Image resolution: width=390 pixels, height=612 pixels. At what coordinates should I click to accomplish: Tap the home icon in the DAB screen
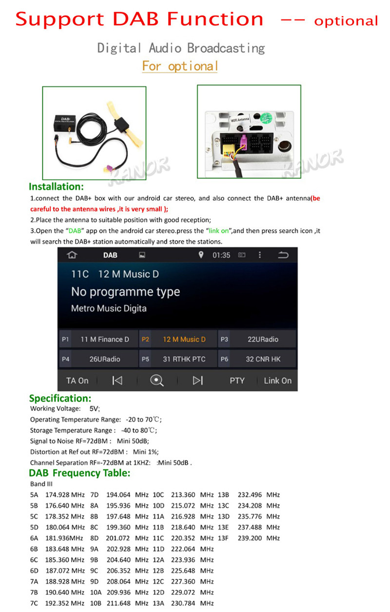(72, 255)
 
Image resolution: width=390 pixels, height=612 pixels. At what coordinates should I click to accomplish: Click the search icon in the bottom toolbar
(156, 380)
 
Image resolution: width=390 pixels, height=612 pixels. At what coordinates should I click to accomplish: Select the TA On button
(77, 381)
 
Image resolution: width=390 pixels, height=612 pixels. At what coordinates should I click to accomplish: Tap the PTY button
(237, 381)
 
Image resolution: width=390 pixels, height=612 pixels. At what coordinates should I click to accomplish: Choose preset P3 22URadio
(257, 339)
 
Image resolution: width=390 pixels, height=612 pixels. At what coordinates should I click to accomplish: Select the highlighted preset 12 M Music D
(178, 339)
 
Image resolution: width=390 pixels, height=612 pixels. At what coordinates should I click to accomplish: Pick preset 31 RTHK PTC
(178, 359)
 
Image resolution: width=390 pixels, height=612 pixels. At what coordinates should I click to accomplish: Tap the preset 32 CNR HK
(257, 359)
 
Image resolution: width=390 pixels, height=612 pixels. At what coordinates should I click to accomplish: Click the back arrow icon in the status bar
(283, 255)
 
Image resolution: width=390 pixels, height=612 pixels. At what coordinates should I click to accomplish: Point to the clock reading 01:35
(221, 255)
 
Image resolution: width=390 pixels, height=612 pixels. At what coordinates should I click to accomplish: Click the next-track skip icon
(197, 380)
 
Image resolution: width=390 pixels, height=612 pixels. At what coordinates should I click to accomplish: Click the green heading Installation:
(56, 186)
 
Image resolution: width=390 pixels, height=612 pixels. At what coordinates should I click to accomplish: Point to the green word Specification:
(60, 398)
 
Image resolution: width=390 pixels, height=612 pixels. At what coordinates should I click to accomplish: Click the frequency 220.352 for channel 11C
(183, 538)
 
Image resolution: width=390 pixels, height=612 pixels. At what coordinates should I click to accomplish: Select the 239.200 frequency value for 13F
(250, 538)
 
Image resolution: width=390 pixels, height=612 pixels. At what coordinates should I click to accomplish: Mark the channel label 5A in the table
(34, 495)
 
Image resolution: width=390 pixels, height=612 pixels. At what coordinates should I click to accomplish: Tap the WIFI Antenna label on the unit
(240, 120)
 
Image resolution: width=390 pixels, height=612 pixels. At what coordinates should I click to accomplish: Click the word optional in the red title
(346, 21)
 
